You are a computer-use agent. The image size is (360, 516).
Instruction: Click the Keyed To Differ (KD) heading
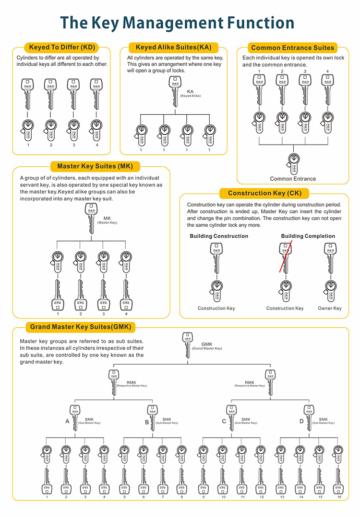click(x=61, y=47)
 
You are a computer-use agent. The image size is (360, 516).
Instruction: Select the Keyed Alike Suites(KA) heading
click(x=173, y=47)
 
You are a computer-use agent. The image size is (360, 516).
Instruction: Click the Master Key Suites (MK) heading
click(x=91, y=166)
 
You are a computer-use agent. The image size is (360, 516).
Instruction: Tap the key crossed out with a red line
click(x=285, y=257)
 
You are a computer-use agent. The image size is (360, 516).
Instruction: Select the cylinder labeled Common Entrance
click(x=293, y=161)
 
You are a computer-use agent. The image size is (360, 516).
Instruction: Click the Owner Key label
click(x=329, y=308)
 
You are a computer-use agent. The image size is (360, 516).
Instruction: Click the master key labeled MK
click(x=91, y=219)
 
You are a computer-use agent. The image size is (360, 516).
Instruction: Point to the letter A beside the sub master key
click(x=67, y=421)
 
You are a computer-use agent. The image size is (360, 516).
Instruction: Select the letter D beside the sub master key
click(x=301, y=421)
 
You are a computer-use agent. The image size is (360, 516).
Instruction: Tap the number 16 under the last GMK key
click(x=339, y=497)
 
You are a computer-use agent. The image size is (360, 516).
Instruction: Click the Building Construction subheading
click(x=219, y=236)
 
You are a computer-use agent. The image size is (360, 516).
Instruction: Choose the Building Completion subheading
click(x=308, y=236)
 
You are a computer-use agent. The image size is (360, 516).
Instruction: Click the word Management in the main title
click(x=180, y=22)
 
